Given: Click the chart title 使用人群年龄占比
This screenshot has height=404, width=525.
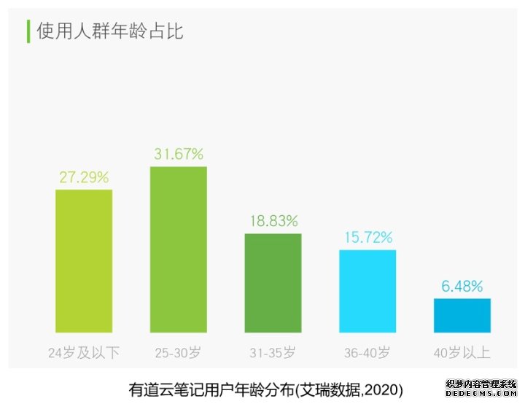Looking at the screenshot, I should point(110,32).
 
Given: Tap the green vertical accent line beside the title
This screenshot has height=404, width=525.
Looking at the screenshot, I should point(28,31).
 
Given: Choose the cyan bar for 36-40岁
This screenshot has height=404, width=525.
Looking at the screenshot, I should point(367,291).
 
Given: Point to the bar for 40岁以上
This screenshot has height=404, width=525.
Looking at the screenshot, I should point(462,315).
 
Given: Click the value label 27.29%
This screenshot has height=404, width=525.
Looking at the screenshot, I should point(84,177).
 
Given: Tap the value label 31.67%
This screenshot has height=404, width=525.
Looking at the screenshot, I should point(178,154).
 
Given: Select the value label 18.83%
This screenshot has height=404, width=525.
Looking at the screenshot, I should point(273,221).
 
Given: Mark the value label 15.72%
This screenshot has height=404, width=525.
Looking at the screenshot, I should point(367,238).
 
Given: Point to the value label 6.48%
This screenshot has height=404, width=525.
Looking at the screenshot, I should point(462,286).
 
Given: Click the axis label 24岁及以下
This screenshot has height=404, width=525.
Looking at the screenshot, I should point(84,353).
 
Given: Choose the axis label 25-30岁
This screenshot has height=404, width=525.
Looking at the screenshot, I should point(178,353).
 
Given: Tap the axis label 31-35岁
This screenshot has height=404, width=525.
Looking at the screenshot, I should point(273,353).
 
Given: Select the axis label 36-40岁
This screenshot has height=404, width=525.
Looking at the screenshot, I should point(367,353).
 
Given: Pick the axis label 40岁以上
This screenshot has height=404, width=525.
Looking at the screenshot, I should point(462,353).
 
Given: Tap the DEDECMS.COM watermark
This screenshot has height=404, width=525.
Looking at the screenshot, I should point(481,394).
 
